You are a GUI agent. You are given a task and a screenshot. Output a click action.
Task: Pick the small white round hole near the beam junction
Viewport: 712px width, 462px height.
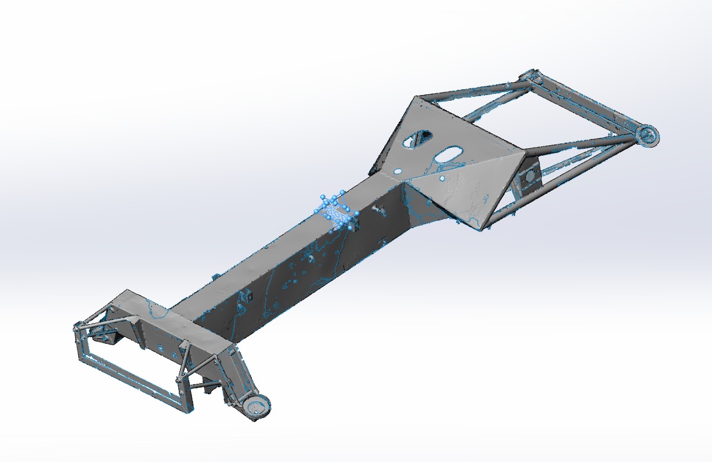(398, 171)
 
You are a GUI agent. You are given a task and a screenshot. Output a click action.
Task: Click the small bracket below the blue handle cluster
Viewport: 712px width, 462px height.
(355, 226)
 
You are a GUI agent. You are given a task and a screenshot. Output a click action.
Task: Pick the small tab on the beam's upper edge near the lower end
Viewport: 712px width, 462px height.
(216, 277)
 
